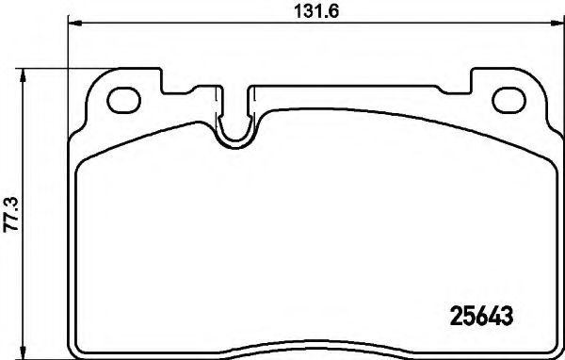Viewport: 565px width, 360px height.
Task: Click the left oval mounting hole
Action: (122, 97)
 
